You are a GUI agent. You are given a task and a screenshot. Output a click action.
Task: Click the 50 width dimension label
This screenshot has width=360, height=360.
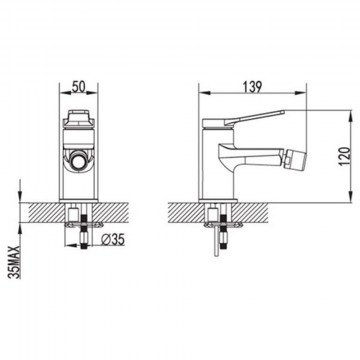79,86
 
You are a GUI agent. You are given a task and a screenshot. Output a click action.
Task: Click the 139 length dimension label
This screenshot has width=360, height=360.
252,86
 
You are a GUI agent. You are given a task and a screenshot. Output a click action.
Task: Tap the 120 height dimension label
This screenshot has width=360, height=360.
345,156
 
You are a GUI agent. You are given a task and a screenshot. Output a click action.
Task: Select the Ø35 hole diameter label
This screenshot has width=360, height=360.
113,239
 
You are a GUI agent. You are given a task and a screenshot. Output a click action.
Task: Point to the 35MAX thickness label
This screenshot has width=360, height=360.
14,262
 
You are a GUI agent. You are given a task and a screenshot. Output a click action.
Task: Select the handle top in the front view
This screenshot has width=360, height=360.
79,118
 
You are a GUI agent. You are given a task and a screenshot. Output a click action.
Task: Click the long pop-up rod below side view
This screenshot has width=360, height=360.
217,240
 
